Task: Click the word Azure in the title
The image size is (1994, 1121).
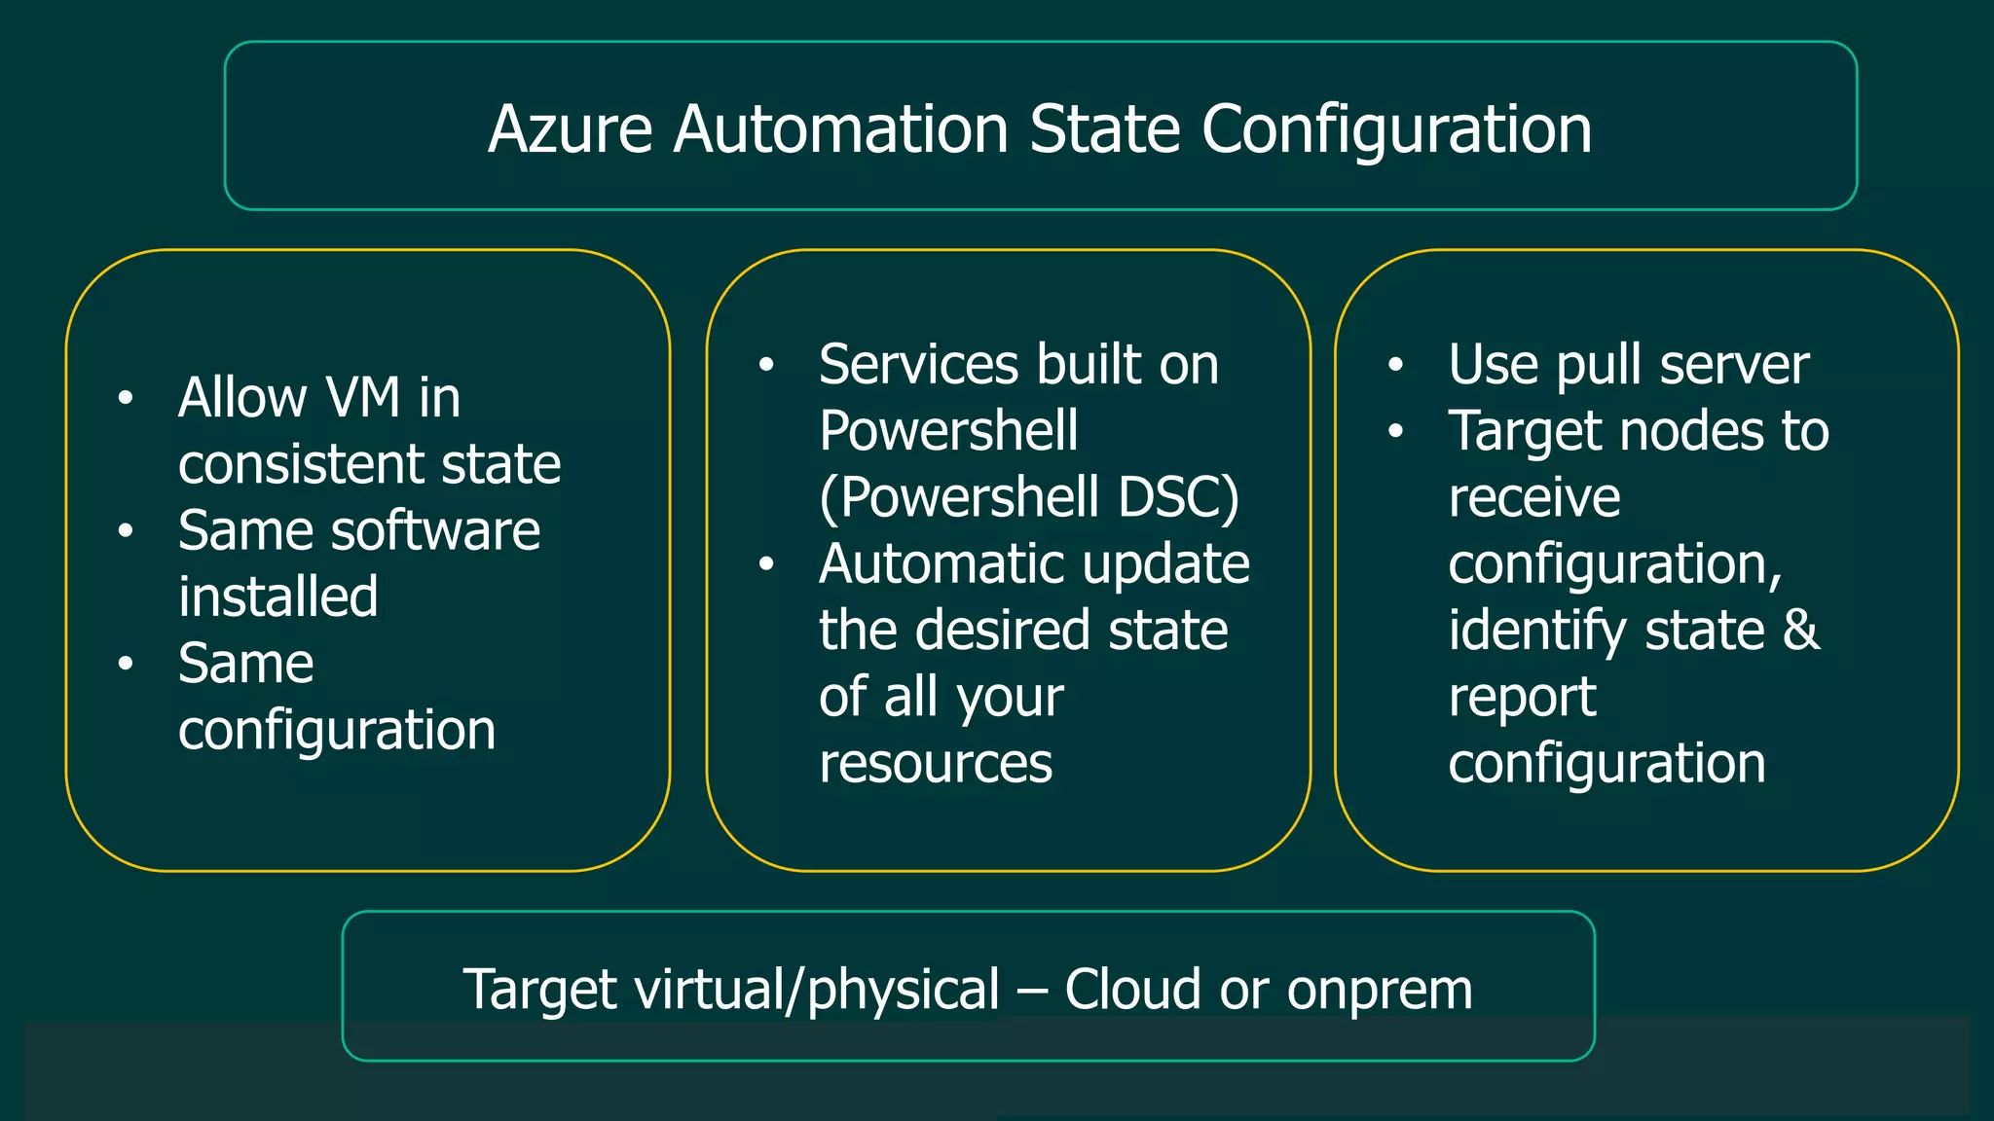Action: [570, 129]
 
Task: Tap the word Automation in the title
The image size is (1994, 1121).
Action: [841, 129]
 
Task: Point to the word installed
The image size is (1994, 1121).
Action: [277, 597]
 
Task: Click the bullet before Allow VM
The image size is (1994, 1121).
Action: [126, 398]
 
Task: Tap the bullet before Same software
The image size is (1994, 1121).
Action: [126, 531]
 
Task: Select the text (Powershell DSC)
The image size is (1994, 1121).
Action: [1029, 497]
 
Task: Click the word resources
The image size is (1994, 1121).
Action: [936, 764]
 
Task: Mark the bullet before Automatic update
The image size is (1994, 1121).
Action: [766, 564]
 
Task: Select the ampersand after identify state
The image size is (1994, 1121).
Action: [1800, 631]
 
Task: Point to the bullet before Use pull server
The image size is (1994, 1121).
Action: [1396, 365]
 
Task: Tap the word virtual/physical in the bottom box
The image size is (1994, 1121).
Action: [817, 991]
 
